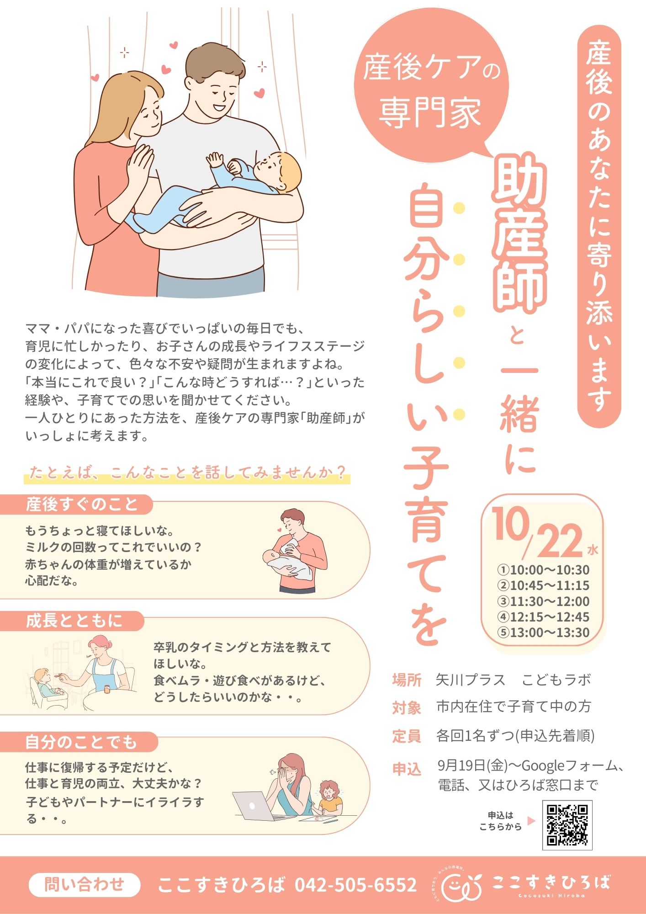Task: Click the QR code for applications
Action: (x=567, y=825)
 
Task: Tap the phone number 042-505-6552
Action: (x=355, y=885)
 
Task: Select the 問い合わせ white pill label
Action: (x=85, y=884)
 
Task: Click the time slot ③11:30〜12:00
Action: (x=543, y=601)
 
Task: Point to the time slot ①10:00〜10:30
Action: (x=543, y=570)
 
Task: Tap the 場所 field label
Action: (x=406, y=680)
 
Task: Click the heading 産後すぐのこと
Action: (x=82, y=505)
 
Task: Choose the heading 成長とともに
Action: (x=74, y=621)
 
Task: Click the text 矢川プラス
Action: (x=471, y=680)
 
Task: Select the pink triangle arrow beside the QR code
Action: (x=531, y=821)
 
